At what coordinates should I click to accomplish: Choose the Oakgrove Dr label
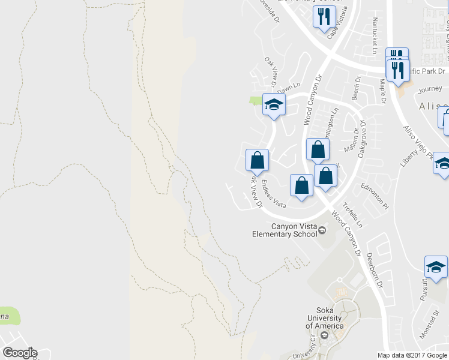365,142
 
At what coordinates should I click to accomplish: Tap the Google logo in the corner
20,353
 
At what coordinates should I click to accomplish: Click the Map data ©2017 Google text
412,355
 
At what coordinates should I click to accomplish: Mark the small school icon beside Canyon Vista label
322,230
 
